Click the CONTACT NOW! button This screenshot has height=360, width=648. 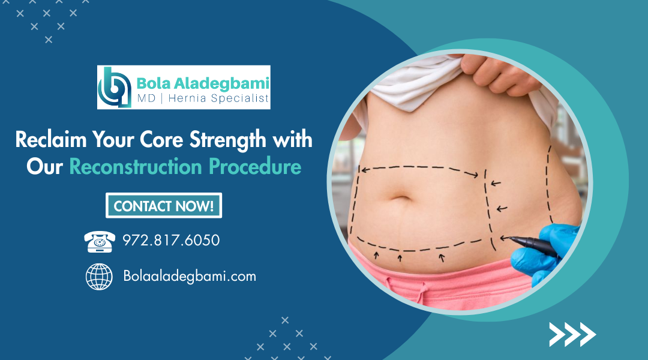164,205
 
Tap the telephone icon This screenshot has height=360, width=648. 100,241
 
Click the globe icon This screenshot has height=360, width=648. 99,277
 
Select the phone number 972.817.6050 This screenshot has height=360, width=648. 171,240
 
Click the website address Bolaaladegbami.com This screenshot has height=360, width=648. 190,276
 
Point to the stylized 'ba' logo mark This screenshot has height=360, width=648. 115,87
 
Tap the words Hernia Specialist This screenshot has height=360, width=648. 218,98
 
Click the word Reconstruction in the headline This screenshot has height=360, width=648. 136,167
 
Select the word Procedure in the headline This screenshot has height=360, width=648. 255,167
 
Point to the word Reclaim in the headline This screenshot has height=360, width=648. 51,139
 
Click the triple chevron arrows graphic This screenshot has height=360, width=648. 572,334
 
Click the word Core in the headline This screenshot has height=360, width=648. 161,139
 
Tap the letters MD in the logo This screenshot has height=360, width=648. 146,98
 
